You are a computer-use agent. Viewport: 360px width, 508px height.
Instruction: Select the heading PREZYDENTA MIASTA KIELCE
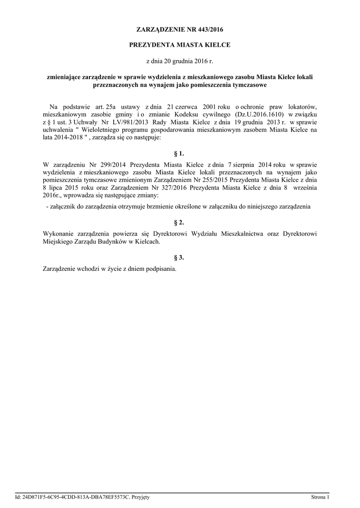(180, 45)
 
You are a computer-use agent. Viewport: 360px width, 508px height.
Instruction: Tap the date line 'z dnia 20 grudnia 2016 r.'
(180, 61)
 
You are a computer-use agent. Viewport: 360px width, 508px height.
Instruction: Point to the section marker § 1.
(180, 153)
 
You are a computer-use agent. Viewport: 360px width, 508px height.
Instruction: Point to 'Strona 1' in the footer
(320, 497)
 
